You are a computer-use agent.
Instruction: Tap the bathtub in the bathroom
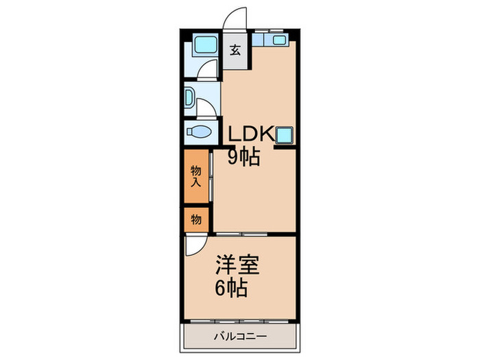tap(202, 47)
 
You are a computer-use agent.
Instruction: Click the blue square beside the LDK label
tap(285, 134)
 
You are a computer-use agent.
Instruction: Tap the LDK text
tap(251, 134)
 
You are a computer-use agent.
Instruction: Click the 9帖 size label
tap(243, 158)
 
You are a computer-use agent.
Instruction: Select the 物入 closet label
tap(196, 176)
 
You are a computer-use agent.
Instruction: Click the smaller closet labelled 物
tap(196, 219)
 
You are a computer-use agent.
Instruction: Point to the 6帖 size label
tap(229, 287)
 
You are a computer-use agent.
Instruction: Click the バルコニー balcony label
tap(239, 336)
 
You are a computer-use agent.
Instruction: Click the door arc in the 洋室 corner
tap(195, 245)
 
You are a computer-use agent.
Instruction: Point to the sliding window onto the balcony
tap(239, 320)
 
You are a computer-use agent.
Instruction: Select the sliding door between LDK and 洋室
tap(254, 235)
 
